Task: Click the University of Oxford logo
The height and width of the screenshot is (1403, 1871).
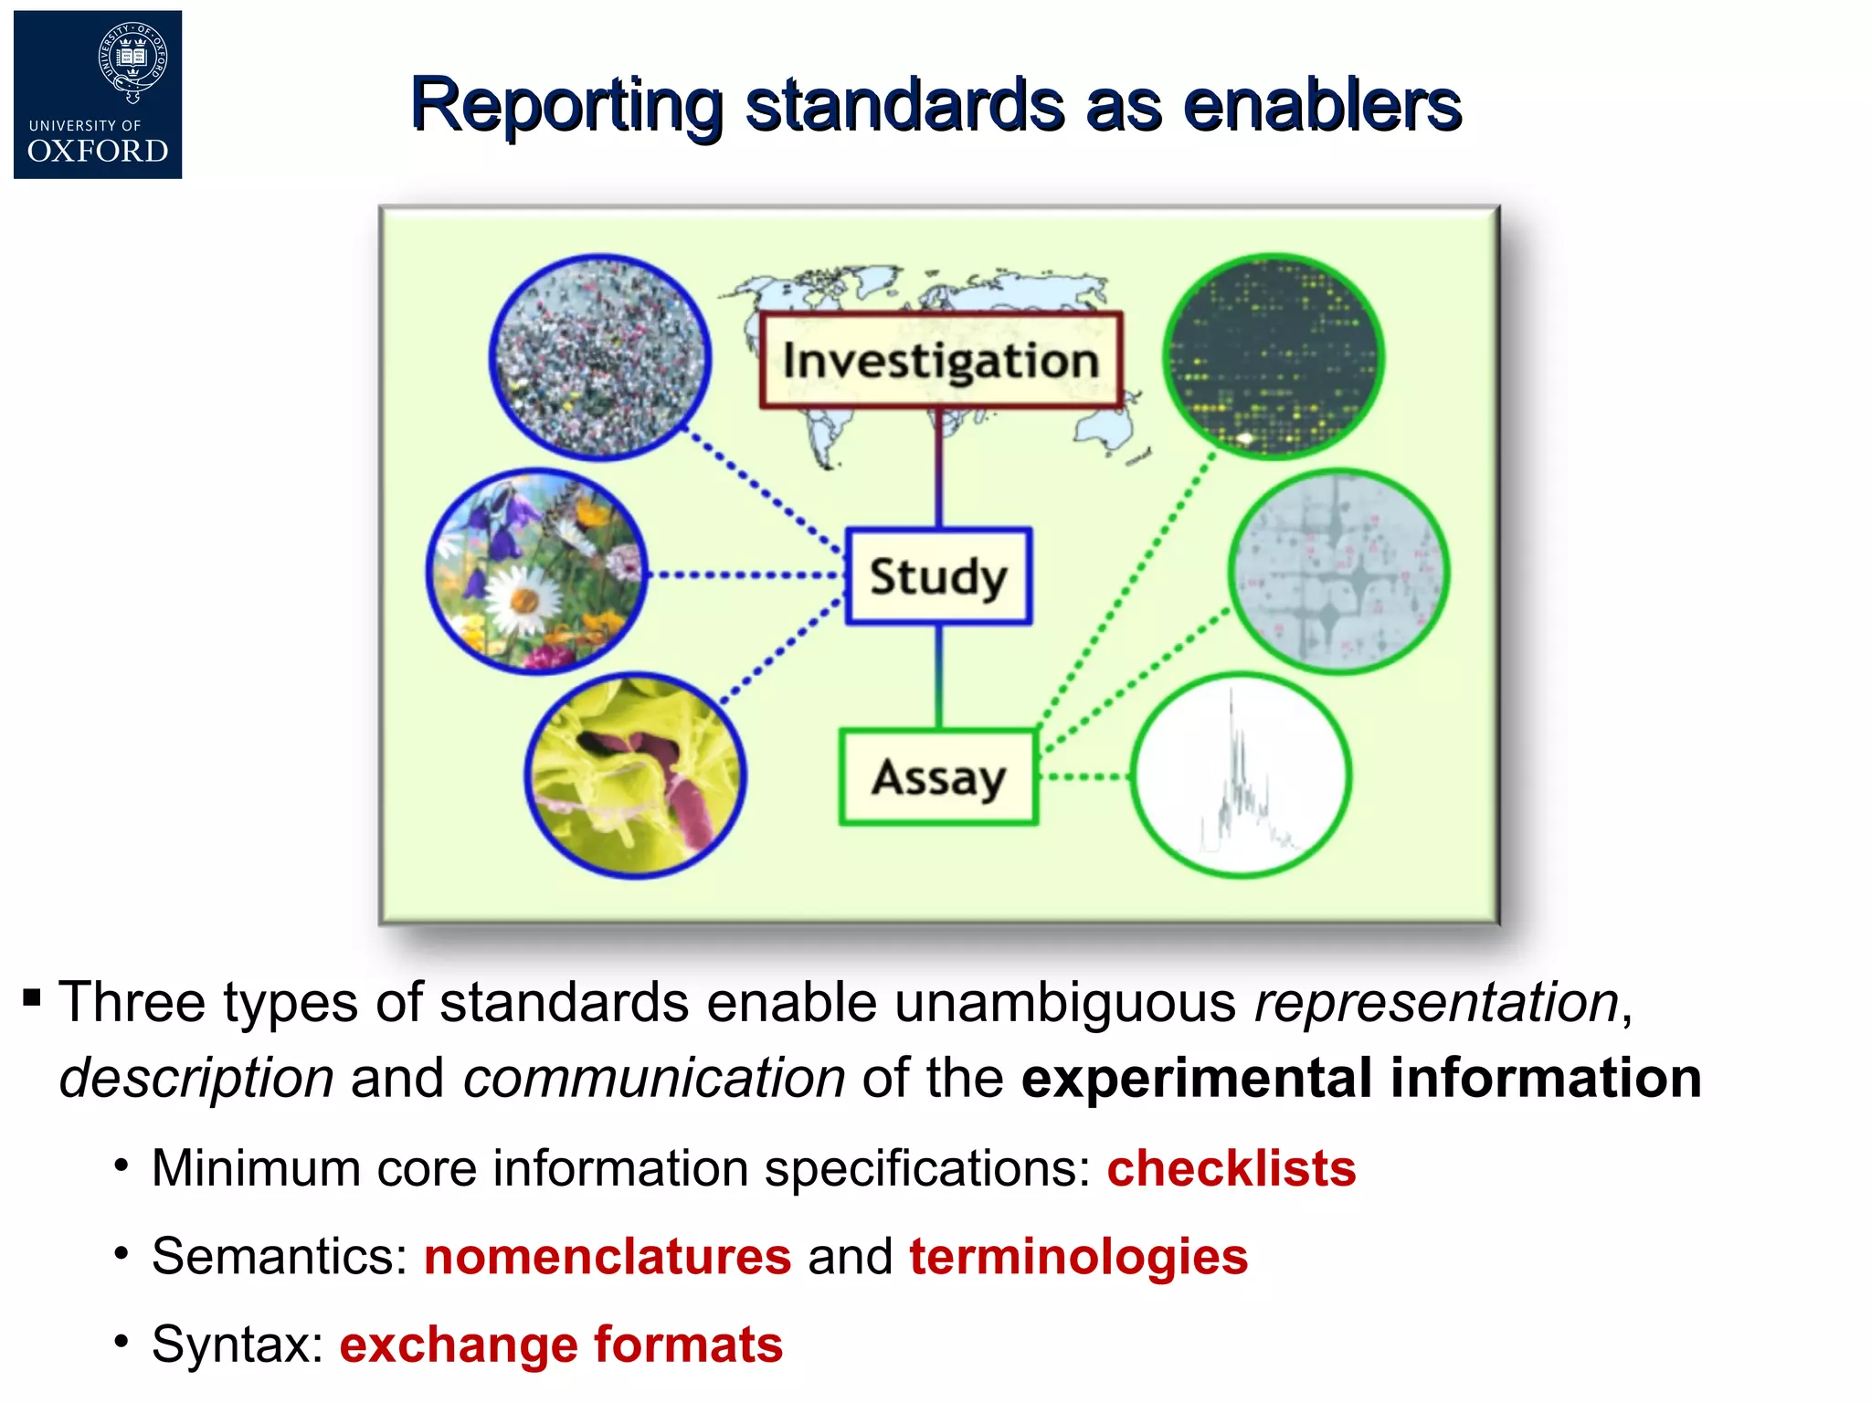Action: click(98, 95)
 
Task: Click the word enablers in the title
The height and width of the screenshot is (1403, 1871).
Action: click(1322, 105)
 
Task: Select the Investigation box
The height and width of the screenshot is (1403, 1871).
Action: click(940, 360)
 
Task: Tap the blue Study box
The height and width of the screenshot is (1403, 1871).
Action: click(938, 576)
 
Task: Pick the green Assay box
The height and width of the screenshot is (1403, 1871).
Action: click(938, 777)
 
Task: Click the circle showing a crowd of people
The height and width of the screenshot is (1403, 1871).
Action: click(599, 357)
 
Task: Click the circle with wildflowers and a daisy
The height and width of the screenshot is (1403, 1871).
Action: click(537, 573)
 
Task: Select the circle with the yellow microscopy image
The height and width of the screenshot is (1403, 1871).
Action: click(636, 776)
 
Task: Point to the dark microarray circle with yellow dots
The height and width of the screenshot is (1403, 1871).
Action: click(1274, 357)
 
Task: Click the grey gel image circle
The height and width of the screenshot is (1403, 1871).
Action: click(1338, 573)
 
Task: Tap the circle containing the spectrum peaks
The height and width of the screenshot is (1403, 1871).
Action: click(1241, 776)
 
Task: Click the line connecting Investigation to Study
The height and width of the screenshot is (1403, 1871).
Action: click(938, 468)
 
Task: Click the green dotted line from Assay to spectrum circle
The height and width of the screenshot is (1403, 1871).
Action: click(1084, 777)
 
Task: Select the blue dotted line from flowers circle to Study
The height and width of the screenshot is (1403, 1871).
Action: click(745, 575)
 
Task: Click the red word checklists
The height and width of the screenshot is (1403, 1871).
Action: click(1231, 1168)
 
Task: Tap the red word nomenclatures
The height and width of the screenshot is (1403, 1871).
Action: click(608, 1256)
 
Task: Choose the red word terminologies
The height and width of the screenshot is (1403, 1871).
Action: click(1078, 1256)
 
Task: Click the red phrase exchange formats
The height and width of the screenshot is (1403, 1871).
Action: click(561, 1345)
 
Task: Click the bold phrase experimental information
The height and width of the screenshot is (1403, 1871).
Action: click(1361, 1078)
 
